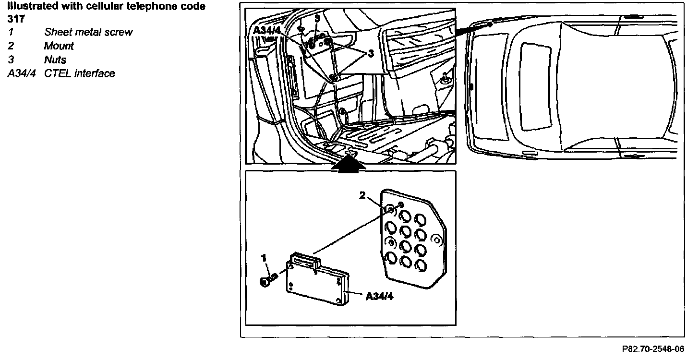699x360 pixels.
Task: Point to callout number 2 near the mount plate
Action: pyautogui.click(x=363, y=195)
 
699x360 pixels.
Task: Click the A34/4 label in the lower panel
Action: pyautogui.click(x=380, y=296)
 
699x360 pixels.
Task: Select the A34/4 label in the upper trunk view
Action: pyautogui.click(x=267, y=30)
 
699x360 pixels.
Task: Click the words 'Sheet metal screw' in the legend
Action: pyautogui.click(x=88, y=33)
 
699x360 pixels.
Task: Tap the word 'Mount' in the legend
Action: pyautogui.click(x=59, y=47)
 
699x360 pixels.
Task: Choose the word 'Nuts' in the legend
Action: pyautogui.click(x=55, y=60)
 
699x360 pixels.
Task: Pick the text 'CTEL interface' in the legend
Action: pyautogui.click(x=80, y=74)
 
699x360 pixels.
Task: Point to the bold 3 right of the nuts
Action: pyautogui.click(x=371, y=54)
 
